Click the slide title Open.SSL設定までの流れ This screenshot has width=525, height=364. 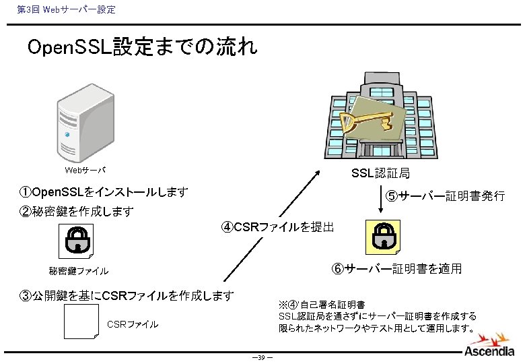(141, 49)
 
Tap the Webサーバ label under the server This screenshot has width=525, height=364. (85, 170)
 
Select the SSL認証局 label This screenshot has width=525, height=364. (380, 174)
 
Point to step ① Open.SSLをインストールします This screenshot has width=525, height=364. (104, 193)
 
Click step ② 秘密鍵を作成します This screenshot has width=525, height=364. (77, 212)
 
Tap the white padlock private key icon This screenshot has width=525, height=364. (76, 241)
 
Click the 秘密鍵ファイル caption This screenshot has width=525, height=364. (78, 271)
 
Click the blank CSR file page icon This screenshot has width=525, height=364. (81, 322)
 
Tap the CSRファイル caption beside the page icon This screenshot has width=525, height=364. (133, 324)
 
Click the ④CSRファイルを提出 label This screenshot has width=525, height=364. (277, 226)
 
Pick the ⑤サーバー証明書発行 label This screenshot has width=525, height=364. (445, 196)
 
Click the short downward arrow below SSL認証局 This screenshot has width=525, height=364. (381, 202)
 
